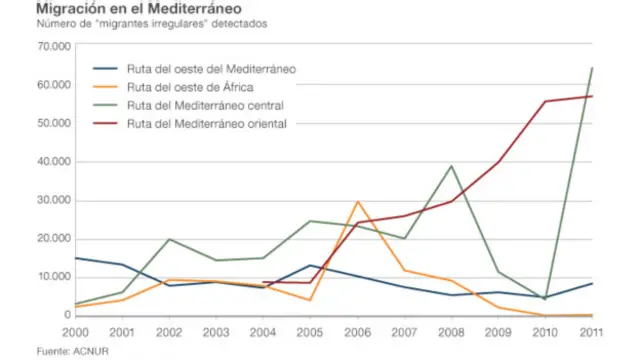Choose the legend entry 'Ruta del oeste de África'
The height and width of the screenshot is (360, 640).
pyautogui.click(x=190, y=87)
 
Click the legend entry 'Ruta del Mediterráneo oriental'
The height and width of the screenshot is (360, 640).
pyautogui.click(x=207, y=124)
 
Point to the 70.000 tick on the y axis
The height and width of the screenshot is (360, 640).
pyautogui.click(x=50, y=47)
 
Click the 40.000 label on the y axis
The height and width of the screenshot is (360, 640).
pyautogui.click(x=50, y=162)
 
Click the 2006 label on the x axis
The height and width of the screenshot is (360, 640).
pyautogui.click(x=358, y=331)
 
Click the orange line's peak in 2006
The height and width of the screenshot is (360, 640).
pyautogui.click(x=358, y=201)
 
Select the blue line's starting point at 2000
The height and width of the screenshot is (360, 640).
pyautogui.click(x=75, y=258)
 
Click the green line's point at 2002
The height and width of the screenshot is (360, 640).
pyautogui.click(x=169, y=239)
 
